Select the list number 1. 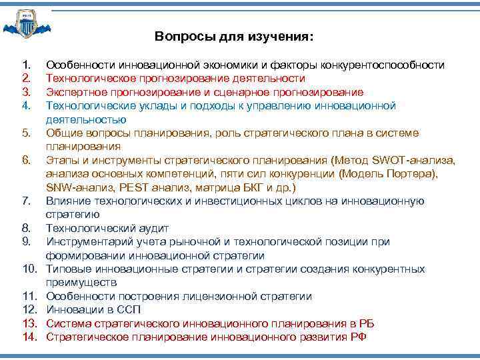26,65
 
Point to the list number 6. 26,160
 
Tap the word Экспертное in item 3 75,92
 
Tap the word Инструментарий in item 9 87,242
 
